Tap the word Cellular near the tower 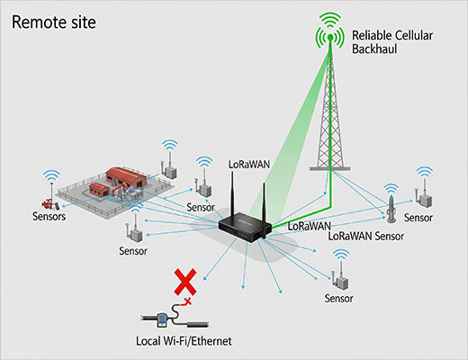pyautogui.click(x=406, y=36)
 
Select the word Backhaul pyautogui.click(x=375, y=52)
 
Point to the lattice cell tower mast pyautogui.click(x=331, y=117)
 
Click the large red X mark pyautogui.click(x=184, y=283)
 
